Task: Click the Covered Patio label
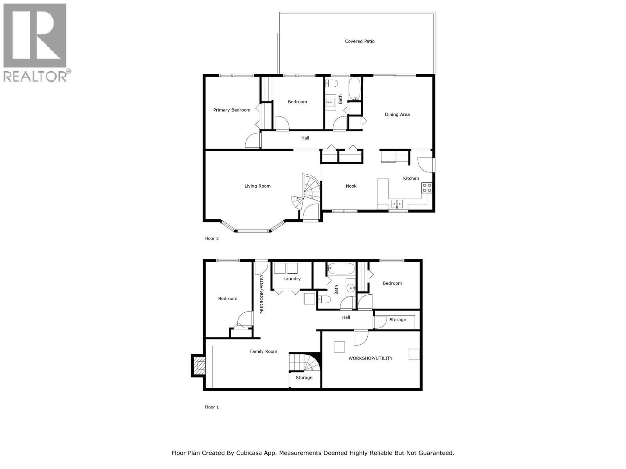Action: pyautogui.click(x=360, y=41)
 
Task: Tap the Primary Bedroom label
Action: pyautogui.click(x=232, y=110)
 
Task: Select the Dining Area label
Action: pyautogui.click(x=397, y=115)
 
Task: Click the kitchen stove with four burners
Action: pyautogui.click(x=426, y=188)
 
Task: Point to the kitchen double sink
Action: pyautogui.click(x=397, y=203)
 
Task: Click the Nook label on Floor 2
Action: pyautogui.click(x=351, y=186)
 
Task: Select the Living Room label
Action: pyautogui.click(x=257, y=186)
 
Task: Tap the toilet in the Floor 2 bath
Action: pyautogui.click(x=332, y=83)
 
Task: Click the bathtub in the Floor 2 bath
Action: pyautogui.click(x=354, y=88)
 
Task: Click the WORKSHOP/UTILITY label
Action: pyautogui.click(x=370, y=358)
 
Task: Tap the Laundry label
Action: pyautogui.click(x=292, y=279)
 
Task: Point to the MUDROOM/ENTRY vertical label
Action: pyautogui.click(x=262, y=294)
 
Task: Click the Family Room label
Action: pyautogui.click(x=263, y=351)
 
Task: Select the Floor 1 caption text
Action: pyautogui.click(x=212, y=407)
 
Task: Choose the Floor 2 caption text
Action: pyautogui.click(x=212, y=238)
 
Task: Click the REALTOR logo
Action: pyautogui.click(x=35, y=42)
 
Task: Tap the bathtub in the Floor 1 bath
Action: pyautogui.click(x=341, y=269)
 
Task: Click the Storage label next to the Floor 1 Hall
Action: pyautogui.click(x=398, y=320)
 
